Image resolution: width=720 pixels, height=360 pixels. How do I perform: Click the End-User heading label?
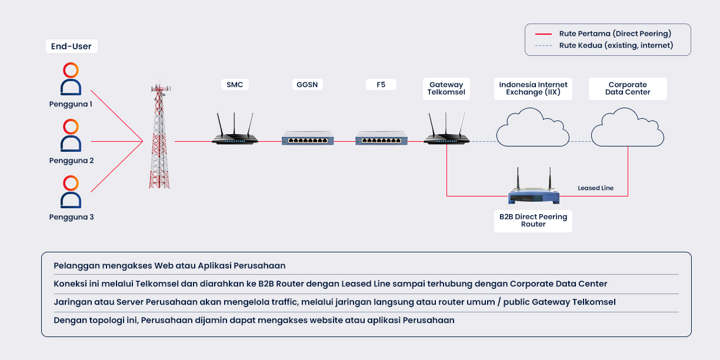point(71,46)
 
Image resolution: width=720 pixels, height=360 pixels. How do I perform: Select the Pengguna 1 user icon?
point(71,79)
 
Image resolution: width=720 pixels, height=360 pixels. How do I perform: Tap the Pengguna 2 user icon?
point(71,136)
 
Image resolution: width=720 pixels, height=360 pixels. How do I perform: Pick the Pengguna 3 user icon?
point(71,192)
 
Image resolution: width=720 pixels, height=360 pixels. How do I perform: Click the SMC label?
point(235,85)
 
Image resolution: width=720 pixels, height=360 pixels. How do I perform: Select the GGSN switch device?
point(308,138)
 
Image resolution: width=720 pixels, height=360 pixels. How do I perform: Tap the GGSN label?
point(307,85)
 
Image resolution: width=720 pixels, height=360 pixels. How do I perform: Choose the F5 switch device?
point(381,138)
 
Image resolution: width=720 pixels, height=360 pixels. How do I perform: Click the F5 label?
point(381,85)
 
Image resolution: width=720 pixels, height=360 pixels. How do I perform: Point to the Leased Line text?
point(595,188)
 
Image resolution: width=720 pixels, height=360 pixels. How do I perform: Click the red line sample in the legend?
point(544,34)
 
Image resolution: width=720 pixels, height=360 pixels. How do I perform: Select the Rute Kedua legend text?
point(616,45)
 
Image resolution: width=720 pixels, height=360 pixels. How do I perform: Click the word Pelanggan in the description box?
point(74,266)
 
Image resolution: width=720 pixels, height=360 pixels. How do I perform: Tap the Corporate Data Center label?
point(628,88)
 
